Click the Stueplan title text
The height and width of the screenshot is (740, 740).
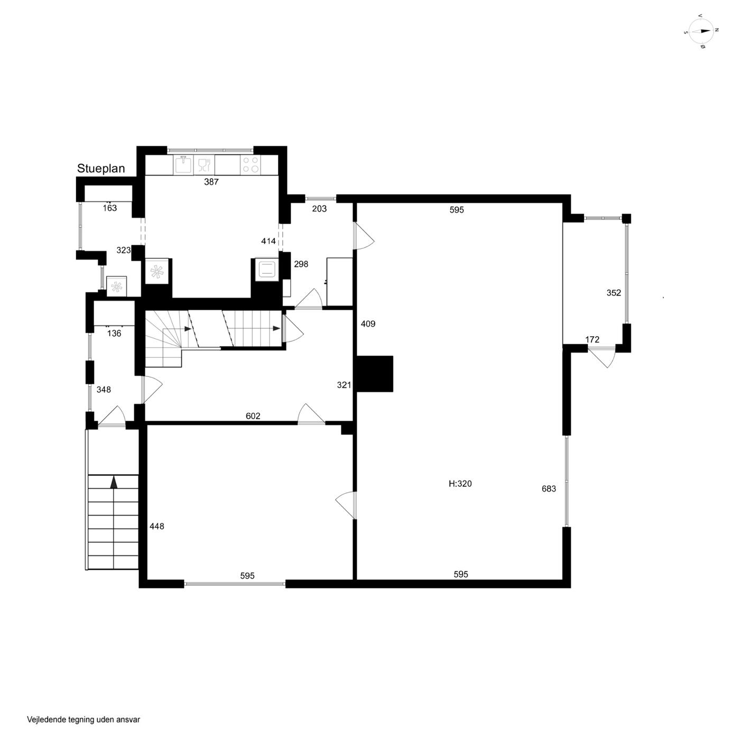101,169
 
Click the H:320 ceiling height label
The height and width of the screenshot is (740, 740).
460,484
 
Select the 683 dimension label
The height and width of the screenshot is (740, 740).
549,488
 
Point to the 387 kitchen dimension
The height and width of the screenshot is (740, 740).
211,182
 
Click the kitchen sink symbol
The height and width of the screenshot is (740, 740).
184,164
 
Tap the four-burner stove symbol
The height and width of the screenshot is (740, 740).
250,165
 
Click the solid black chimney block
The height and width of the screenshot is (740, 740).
375,374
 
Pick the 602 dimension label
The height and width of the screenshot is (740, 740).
253,416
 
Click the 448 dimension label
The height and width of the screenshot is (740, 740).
156,526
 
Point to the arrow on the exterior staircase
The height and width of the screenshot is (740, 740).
113,483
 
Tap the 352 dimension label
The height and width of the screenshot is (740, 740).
614,293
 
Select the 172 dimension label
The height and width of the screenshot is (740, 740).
592,339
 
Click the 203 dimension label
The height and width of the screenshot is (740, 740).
319,208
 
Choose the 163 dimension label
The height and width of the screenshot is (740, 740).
110,208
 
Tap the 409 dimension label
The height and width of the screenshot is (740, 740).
368,323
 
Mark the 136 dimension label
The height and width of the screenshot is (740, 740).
114,334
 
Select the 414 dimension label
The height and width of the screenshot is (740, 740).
269,241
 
